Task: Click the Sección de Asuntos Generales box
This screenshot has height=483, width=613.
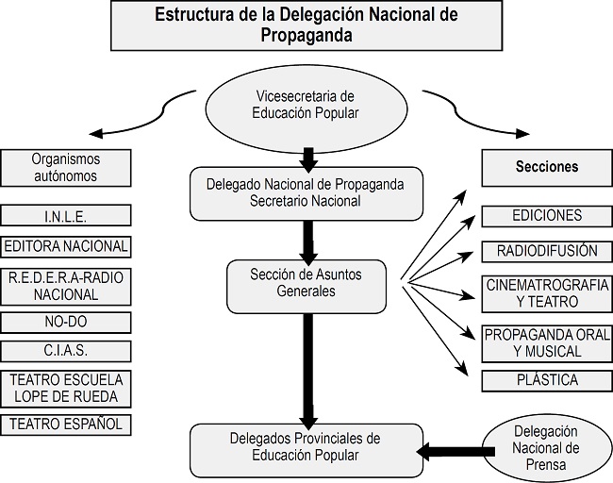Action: pyautogui.click(x=306, y=284)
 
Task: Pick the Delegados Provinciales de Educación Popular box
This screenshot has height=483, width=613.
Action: pyautogui.click(x=305, y=447)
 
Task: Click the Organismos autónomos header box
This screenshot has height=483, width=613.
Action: pyautogui.click(x=65, y=167)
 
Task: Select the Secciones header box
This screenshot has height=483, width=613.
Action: pyautogui.click(x=547, y=167)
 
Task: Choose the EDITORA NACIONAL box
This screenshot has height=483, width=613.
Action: pyautogui.click(x=65, y=247)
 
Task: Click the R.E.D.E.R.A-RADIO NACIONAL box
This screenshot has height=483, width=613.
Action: pyautogui.click(x=65, y=285)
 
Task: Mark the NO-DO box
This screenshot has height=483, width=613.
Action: pyautogui.click(x=65, y=323)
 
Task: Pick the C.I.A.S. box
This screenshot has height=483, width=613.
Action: pyautogui.click(x=65, y=352)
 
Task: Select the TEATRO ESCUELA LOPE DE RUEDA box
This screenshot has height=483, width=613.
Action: pyautogui.click(x=65, y=388)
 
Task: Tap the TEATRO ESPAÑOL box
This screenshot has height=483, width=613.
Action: pyautogui.click(x=65, y=425)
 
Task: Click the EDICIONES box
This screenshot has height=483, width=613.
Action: pyautogui.click(x=547, y=216)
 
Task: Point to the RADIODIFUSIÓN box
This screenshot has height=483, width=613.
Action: pyautogui.click(x=547, y=251)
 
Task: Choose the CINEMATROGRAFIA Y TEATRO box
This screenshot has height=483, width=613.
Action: pyautogui.click(x=547, y=293)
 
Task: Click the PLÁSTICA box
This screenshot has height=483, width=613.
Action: pyautogui.click(x=547, y=381)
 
